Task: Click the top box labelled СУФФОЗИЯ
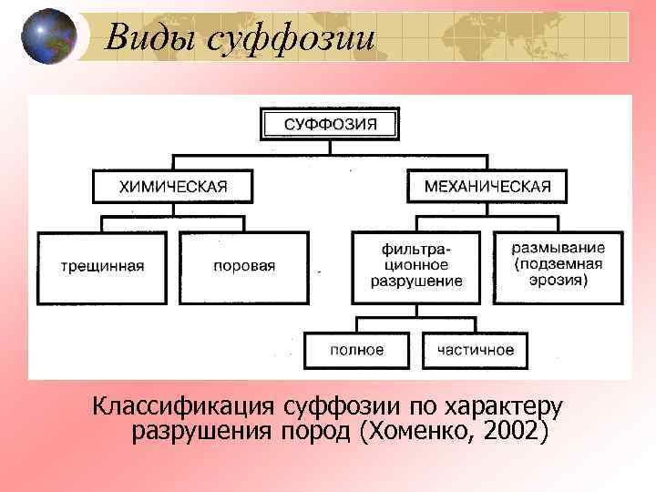[x=330, y=124]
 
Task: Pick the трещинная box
[x=103, y=267]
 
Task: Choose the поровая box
[x=244, y=267]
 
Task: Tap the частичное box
[x=475, y=350]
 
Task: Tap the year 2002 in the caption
[x=514, y=429]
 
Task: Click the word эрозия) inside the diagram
[x=559, y=282]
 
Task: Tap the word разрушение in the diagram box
[x=416, y=282]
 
